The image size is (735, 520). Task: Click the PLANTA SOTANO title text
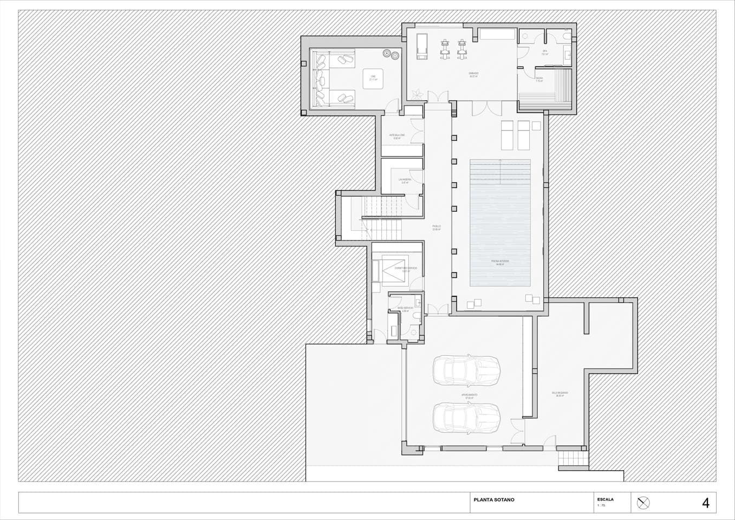click(x=493, y=500)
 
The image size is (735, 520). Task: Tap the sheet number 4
click(x=705, y=503)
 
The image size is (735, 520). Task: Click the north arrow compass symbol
click(x=643, y=503)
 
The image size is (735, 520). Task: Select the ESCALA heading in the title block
click(x=605, y=499)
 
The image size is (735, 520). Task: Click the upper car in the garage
click(x=466, y=370)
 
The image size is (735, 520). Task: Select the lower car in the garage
click(x=466, y=418)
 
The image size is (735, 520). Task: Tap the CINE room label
click(x=373, y=77)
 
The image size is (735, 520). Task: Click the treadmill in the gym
click(x=421, y=45)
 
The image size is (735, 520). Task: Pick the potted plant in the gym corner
click(x=415, y=94)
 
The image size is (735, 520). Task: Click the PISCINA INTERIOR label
click(x=500, y=261)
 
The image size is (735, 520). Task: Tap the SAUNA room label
click(x=539, y=79)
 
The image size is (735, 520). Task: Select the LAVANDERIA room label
click(x=405, y=179)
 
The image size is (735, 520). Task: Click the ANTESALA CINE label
click(x=397, y=135)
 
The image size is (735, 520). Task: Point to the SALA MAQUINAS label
click(x=560, y=393)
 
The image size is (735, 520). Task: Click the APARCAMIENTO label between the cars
click(x=469, y=395)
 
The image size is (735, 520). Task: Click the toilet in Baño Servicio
click(x=415, y=316)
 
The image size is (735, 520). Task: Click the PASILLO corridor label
click(x=436, y=226)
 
